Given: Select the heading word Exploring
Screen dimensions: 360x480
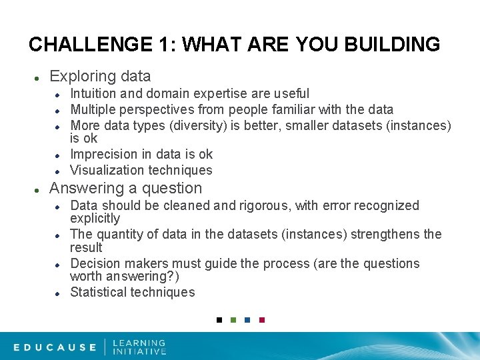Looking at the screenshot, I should (x=80, y=77).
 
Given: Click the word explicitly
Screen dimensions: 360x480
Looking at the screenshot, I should (x=95, y=219).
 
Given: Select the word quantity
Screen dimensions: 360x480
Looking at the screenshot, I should (x=119, y=234).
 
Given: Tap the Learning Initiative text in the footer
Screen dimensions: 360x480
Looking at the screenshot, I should (x=139, y=347).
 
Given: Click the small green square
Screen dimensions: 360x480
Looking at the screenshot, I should (x=233, y=320).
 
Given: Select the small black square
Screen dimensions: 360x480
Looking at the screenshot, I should (x=218, y=320).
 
